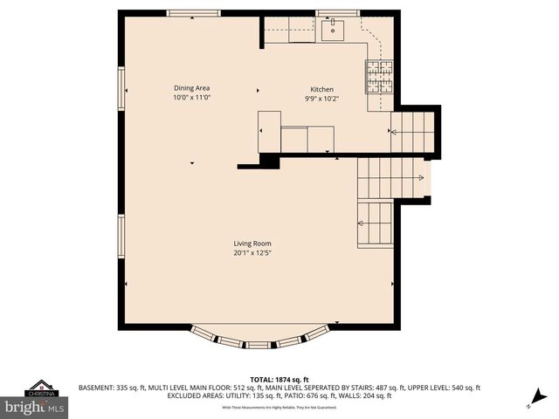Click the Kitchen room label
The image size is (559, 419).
[x=322, y=89]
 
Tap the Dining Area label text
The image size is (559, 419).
[x=191, y=88]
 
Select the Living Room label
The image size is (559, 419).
[x=252, y=244]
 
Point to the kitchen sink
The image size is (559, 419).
[x=333, y=31]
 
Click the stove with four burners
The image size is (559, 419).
[x=379, y=77]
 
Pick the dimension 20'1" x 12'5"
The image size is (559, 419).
[x=252, y=253]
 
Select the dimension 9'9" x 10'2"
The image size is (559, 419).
[x=322, y=99]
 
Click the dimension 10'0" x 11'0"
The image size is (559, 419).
[x=191, y=98]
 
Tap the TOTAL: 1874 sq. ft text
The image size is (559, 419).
[x=279, y=380]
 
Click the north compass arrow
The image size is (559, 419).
[x=534, y=400]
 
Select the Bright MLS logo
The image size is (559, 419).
[x=35, y=407]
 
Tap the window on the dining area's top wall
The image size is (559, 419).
[x=194, y=13]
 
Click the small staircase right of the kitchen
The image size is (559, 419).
[x=412, y=132]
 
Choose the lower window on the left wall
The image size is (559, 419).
[x=121, y=237]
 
